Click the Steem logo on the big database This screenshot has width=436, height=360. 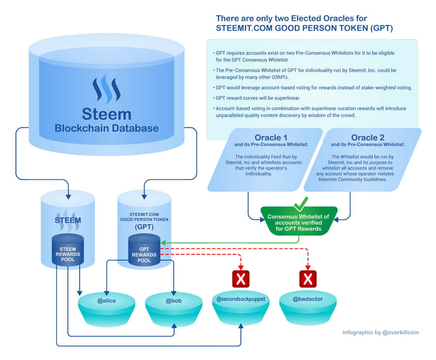point(106,90)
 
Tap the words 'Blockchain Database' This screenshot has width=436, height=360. point(106,128)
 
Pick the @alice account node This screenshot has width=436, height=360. point(106,310)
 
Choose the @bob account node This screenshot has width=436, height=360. point(174,310)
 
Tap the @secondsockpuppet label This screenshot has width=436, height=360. point(241,299)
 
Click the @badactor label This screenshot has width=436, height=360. point(308,299)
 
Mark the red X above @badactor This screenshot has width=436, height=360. point(308,279)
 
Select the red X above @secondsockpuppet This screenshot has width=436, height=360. point(241,279)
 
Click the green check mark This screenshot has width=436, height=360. point(301,204)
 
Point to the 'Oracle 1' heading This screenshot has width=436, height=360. point(271,138)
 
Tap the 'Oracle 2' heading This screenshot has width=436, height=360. point(368,138)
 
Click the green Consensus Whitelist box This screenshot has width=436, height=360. point(299,221)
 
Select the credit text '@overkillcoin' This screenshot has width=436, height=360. point(400,332)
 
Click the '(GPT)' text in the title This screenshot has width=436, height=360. point(381,28)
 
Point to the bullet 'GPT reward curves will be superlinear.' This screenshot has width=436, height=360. point(258,98)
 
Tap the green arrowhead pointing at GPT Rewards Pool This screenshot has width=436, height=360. point(163,243)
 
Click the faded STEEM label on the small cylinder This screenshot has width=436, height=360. point(68,220)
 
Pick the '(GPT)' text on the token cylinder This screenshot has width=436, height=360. point(144,227)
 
